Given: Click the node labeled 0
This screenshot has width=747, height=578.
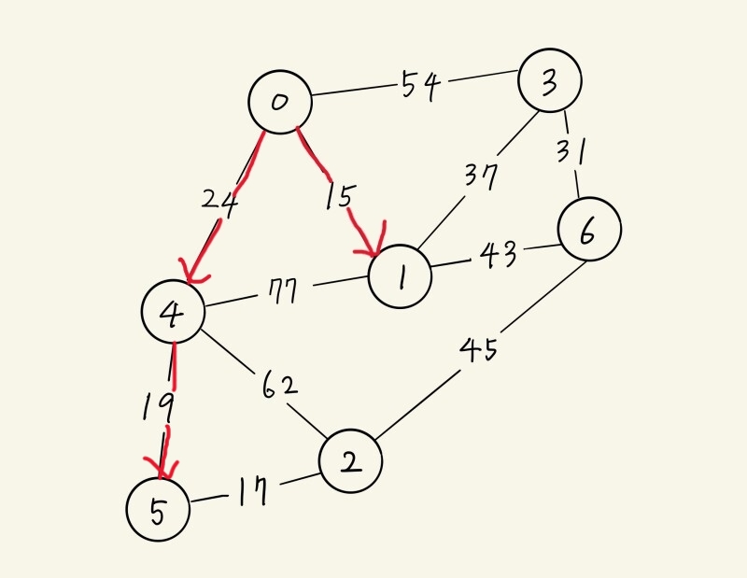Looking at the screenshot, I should tap(279, 102).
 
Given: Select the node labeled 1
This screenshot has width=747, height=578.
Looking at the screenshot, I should tap(401, 275).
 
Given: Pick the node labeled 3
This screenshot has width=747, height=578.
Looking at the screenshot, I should tap(550, 81).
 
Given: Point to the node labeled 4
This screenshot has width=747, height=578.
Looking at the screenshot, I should tap(173, 313).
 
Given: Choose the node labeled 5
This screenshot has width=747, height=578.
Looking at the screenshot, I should tap(158, 510).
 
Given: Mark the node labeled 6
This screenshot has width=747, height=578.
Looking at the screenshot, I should tap(588, 231).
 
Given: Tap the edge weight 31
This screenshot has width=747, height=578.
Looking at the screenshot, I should tap(570, 149).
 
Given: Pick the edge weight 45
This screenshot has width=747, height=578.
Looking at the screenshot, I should tap(478, 350).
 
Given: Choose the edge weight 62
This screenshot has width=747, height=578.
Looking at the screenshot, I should tap(279, 384).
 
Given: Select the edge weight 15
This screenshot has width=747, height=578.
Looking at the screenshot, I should tap(339, 196).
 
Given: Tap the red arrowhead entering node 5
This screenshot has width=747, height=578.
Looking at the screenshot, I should tap(160, 467).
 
